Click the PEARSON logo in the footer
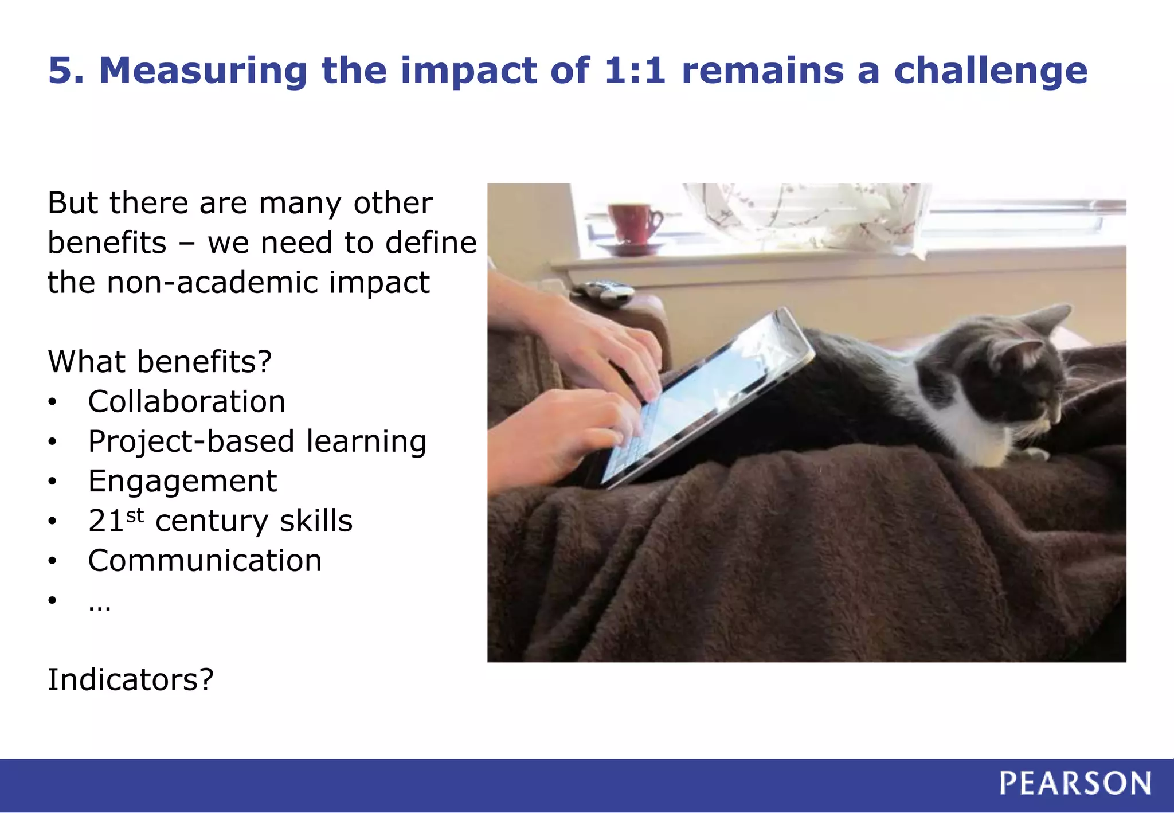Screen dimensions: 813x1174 coord(1075,783)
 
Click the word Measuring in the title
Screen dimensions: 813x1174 coord(204,71)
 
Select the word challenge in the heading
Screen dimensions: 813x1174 coord(990,71)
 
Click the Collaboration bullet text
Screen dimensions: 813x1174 coord(186,401)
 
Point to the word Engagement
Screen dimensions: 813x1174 coord(182,481)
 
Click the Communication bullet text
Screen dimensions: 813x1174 coord(205,561)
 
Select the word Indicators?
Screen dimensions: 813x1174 coord(130,680)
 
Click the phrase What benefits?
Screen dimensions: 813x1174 coord(159,362)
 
